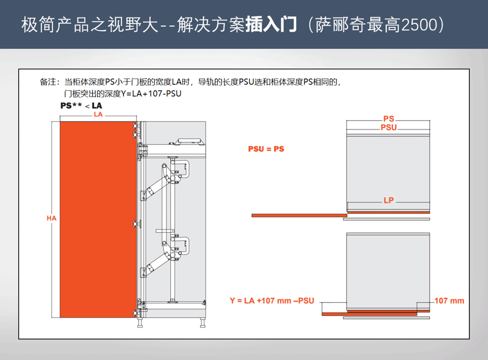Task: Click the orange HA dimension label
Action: point(51,218)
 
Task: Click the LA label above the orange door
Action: point(98,114)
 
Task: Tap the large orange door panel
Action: point(98,220)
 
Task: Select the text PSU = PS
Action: point(266,149)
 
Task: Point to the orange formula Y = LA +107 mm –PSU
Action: point(272,300)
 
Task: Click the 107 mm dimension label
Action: point(449,300)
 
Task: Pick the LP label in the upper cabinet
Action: point(389,200)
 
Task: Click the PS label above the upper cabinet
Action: point(389,119)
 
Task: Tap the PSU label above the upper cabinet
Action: point(389,127)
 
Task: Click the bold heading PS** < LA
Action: point(81,105)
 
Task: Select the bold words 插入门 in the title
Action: point(271,24)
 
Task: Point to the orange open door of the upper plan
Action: point(300,215)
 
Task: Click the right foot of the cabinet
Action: point(203,322)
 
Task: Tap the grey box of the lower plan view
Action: point(388,271)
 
